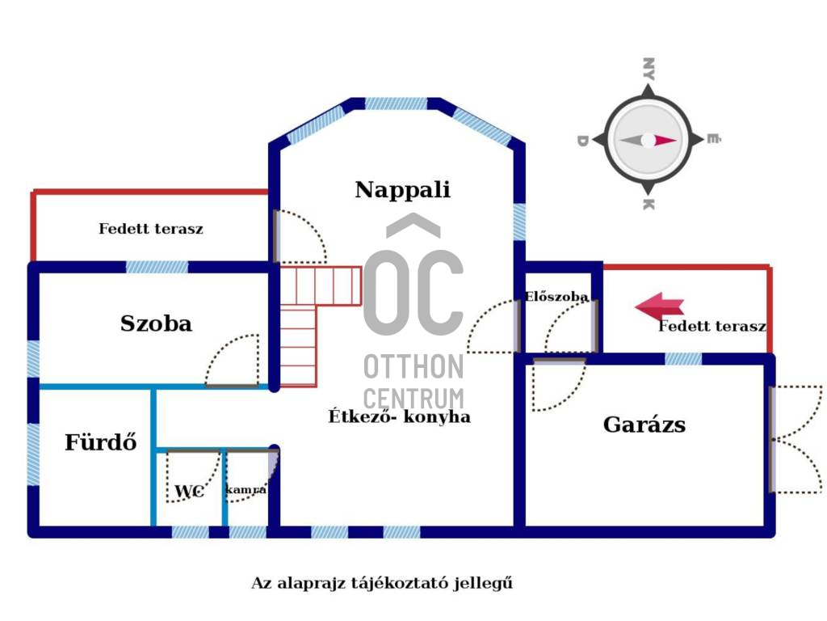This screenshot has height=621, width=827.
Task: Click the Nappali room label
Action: pos(402,190)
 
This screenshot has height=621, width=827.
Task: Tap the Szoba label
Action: pos(156,323)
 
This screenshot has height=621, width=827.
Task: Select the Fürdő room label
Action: pos(100,442)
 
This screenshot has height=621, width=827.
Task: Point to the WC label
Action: pos(188,492)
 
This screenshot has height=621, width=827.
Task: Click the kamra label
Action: pos(246,490)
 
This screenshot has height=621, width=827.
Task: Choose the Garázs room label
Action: pos(644,425)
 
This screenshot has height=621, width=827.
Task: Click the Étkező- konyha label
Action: pos(399,417)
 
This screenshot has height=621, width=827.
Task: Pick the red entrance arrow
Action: pos(660,306)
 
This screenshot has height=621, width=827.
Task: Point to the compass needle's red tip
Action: pos(666,141)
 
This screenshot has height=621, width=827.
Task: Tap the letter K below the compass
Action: pos(647,205)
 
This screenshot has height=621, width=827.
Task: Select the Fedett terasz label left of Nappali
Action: pos(151,229)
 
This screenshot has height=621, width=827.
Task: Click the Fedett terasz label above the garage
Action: pos(712,327)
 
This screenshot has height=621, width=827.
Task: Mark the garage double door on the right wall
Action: pos(796,439)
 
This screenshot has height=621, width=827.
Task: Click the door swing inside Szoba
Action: pos(232,361)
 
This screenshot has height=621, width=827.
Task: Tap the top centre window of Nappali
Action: pos(396,103)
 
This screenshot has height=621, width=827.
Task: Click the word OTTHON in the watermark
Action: pos(413,366)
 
